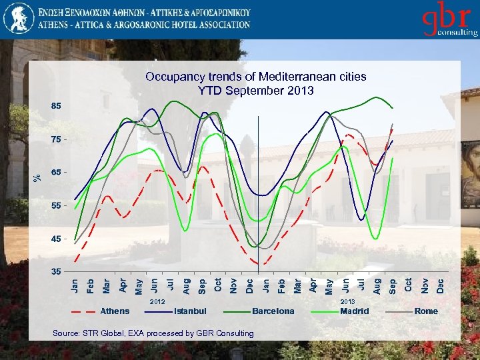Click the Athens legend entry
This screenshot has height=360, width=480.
(x=115, y=311)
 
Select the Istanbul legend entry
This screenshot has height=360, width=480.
(x=190, y=311)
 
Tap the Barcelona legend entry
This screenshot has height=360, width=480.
(x=273, y=311)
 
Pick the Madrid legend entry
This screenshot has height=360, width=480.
(x=354, y=311)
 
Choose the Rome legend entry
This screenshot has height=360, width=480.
(x=426, y=311)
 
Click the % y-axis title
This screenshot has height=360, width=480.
(x=37, y=176)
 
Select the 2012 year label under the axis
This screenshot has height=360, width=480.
(x=157, y=302)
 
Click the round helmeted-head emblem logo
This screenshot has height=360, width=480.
(x=18, y=19)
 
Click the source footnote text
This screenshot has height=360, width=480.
(x=153, y=333)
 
